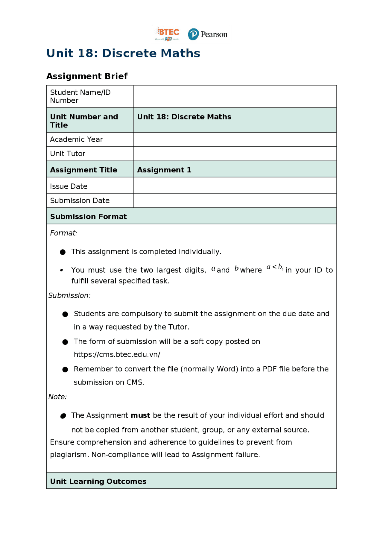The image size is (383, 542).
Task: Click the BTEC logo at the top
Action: (x=167, y=34)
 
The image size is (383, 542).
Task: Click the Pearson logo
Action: (x=208, y=34)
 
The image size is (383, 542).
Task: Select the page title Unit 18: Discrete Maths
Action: (x=123, y=53)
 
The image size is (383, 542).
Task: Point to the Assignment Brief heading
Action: (x=87, y=76)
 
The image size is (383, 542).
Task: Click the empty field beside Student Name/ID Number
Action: (x=235, y=96)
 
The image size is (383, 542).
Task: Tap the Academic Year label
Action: (x=76, y=139)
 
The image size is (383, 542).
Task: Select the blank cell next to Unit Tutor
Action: (x=235, y=154)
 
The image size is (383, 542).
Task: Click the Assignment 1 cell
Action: (x=164, y=170)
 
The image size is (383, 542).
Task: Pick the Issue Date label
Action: (x=69, y=186)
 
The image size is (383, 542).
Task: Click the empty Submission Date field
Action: (x=235, y=201)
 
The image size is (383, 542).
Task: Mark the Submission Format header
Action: (x=88, y=217)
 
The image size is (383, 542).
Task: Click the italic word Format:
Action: (x=63, y=233)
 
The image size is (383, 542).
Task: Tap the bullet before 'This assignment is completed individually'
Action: (x=63, y=252)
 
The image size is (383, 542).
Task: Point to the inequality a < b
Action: (x=275, y=267)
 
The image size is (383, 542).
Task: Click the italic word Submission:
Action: (x=69, y=296)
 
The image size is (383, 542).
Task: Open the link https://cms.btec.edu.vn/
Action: (x=117, y=355)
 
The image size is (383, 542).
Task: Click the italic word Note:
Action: (x=57, y=397)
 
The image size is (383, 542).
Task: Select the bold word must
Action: (x=140, y=416)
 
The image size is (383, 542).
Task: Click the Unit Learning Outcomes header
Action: (x=98, y=482)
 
